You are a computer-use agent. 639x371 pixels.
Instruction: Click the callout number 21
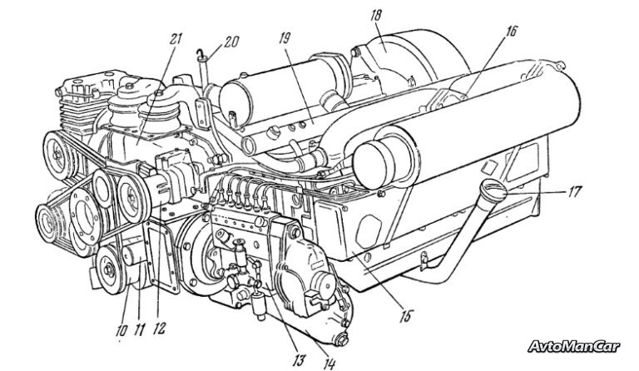176,40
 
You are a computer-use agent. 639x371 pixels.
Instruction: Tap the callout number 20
230,42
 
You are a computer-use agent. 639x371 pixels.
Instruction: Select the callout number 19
284,39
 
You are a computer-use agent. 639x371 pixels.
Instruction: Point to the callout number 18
376,16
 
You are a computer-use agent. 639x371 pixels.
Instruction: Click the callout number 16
511,31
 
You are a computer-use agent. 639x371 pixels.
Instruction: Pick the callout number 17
574,192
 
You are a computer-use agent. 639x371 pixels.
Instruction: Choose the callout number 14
329,363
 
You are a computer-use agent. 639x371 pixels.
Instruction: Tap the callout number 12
160,329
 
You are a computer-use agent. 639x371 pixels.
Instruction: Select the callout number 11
139,329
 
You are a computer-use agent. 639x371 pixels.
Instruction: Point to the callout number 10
121,330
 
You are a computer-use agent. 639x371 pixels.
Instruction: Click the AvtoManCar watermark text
574,347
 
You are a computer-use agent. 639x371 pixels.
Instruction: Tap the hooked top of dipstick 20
199,52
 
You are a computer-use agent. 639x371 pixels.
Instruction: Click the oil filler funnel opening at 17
493,190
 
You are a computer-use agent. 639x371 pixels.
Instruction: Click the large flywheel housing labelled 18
412,57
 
